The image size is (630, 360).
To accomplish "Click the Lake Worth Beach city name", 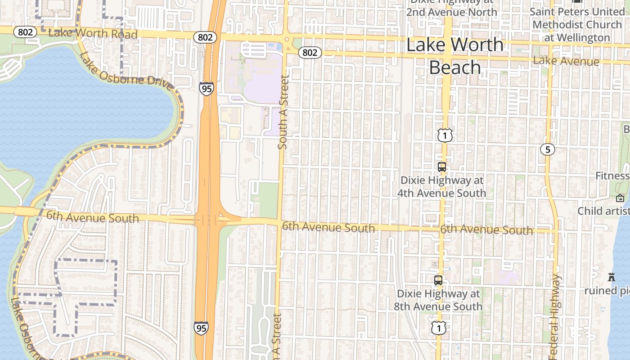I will (455, 56).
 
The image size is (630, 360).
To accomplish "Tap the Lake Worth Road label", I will (93, 33).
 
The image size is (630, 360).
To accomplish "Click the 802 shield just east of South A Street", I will (310, 53).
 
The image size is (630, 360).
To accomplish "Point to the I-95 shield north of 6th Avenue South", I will (206, 89).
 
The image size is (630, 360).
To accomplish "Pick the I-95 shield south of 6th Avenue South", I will (201, 328).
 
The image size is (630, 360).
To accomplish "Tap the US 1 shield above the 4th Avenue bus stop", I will (445, 135).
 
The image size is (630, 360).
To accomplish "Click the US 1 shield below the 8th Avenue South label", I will (438, 328).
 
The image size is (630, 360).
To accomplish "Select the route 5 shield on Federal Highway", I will (548, 149).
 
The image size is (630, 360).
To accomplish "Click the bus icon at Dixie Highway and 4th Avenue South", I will (442, 166).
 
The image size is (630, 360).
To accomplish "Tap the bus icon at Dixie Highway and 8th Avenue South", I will (438, 280).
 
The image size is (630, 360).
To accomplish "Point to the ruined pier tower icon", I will (611, 277).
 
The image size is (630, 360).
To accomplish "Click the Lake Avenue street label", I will (566, 61).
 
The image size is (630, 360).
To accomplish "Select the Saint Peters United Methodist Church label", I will (577, 24).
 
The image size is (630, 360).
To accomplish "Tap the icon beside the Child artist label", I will (620, 198).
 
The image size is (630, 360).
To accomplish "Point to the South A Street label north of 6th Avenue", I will (283, 112).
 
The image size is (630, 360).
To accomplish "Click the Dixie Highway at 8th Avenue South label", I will (440, 300).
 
